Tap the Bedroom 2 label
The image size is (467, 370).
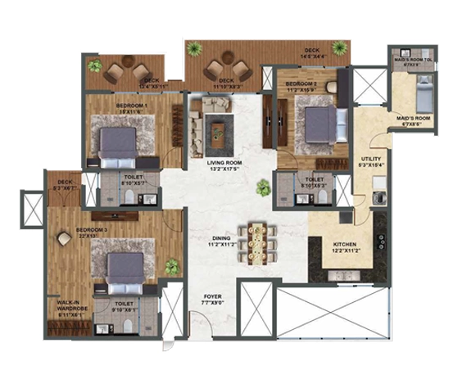301,84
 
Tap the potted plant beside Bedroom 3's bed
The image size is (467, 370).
172,266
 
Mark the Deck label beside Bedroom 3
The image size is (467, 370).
62,184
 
